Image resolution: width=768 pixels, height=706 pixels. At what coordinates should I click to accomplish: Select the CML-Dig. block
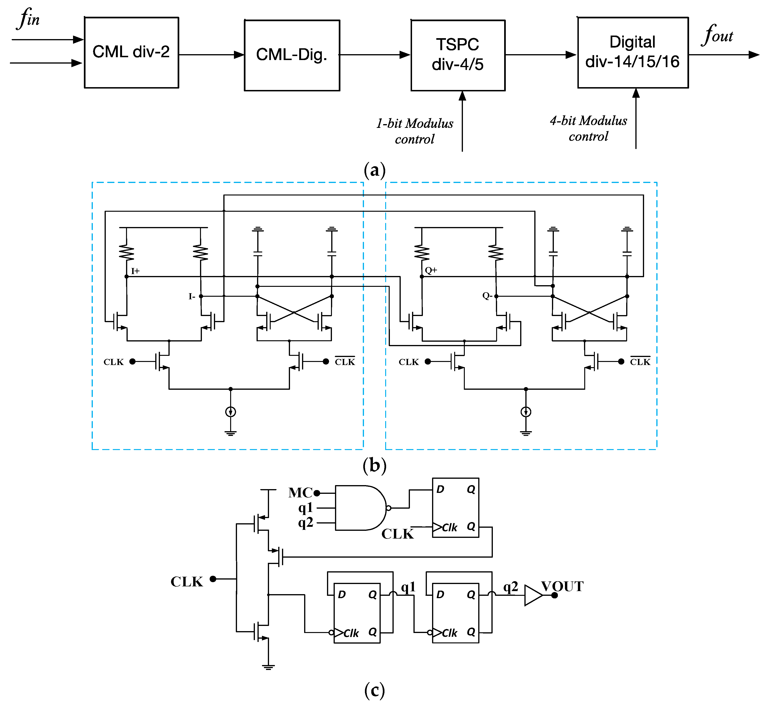(292, 55)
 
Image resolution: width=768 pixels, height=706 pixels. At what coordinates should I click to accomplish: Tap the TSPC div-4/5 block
(458, 55)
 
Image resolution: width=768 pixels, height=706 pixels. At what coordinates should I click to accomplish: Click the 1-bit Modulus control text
(415, 131)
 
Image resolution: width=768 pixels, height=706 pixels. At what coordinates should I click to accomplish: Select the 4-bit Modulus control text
(588, 128)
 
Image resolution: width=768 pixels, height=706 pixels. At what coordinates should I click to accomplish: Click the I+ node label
(135, 271)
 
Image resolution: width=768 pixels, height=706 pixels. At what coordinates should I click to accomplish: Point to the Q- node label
(487, 296)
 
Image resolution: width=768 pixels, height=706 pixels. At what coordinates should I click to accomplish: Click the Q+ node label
(431, 270)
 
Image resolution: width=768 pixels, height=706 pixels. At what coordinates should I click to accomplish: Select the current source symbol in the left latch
(230, 412)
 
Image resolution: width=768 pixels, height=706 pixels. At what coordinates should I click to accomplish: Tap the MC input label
(300, 493)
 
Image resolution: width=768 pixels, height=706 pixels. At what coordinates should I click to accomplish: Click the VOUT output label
(562, 586)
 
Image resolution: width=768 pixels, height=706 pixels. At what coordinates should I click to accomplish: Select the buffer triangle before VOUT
(533, 595)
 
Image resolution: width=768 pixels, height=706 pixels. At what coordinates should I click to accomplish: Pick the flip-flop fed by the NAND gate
(455, 508)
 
